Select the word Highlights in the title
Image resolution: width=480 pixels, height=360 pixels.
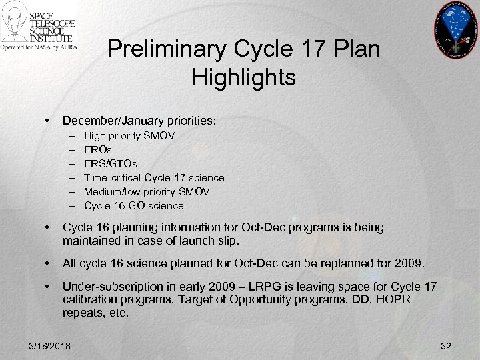[x=243, y=78]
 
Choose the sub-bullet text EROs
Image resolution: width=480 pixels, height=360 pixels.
[x=99, y=150]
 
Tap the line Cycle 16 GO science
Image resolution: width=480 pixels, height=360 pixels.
[x=133, y=206]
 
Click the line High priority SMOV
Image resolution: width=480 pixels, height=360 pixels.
[x=129, y=136]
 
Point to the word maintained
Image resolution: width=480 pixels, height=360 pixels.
[x=92, y=239]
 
